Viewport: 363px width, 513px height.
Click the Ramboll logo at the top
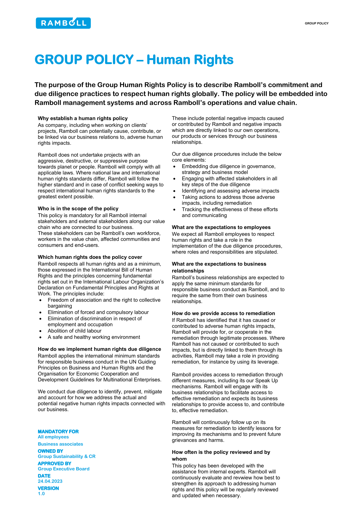pyautogui.click(x=63, y=23)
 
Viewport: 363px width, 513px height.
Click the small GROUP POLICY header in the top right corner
pyautogui.click(x=316, y=23)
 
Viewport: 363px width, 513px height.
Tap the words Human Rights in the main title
pyautogui.click(x=190, y=60)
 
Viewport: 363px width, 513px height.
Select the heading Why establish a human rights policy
pyautogui.click(x=83, y=118)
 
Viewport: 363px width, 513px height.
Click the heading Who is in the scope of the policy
pyautogui.click(x=78, y=209)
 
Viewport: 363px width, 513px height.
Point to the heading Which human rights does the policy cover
pyautogui.click(x=90, y=257)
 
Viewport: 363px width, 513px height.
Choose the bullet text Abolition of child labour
pyautogui.click(x=75, y=331)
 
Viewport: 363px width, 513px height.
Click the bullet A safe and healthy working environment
pyautogui.click(x=94, y=337)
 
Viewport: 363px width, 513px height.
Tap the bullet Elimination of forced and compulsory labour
pyautogui.click(x=98, y=312)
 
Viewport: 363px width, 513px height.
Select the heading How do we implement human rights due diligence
pyautogui.click(x=99, y=349)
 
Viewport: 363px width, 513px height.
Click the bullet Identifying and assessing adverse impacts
pyautogui.click(x=230, y=191)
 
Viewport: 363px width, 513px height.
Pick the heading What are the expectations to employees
pyautogui.click(x=221, y=227)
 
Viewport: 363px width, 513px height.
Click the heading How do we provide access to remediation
pyautogui.click(x=223, y=314)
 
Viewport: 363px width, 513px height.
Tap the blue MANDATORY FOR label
pyautogui.click(x=58, y=431)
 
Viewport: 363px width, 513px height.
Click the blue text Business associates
pyautogui.click(x=60, y=444)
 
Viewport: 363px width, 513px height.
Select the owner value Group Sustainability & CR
pyautogui.click(x=66, y=456)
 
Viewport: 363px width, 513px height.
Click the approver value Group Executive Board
pyautogui.click(x=64, y=469)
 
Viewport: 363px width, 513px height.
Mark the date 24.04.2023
pyautogui.click(x=50, y=481)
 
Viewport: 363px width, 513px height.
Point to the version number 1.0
pyautogui.click(x=41, y=494)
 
